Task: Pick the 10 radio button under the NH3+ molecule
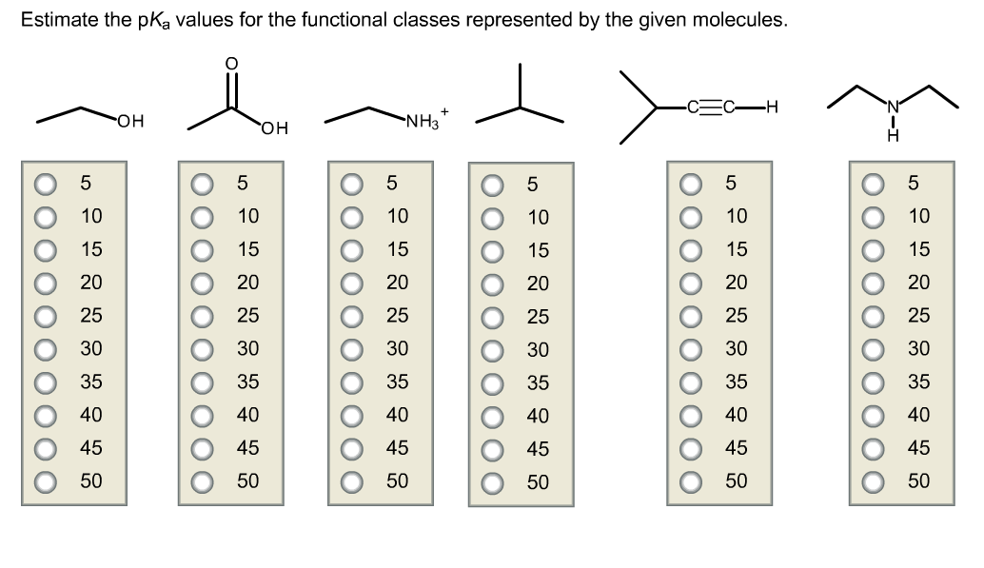(352, 216)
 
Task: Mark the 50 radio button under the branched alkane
(493, 482)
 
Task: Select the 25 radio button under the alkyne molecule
(691, 315)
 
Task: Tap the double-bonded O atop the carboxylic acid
(230, 63)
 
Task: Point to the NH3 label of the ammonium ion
(421, 121)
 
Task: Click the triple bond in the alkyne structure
(713, 108)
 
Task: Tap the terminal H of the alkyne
(772, 108)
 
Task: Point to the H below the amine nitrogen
(893, 138)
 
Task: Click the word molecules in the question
(747, 20)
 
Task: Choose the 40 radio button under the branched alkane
(493, 416)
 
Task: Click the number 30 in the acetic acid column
(247, 348)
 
